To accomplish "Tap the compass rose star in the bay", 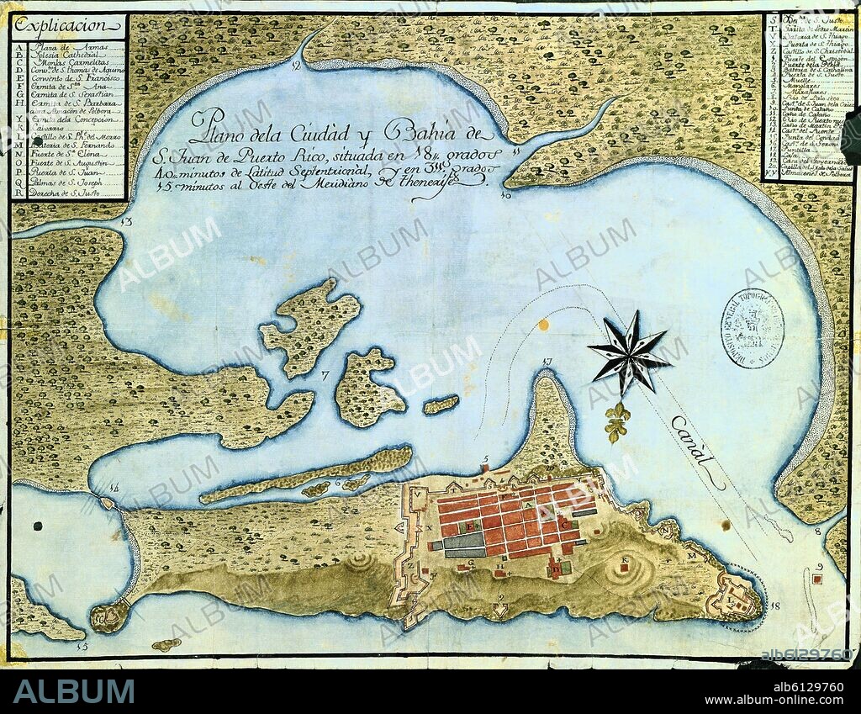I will point(630,353).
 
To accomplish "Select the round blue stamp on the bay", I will point(754,328).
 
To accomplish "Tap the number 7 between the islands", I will point(325,373).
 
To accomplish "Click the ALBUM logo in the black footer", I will point(74,691).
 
